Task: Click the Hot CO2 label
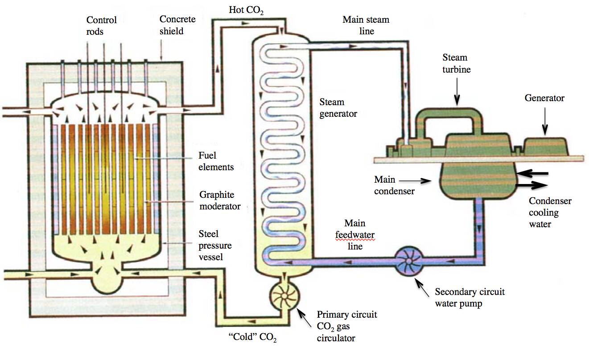(246, 10)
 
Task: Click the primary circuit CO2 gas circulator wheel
(285, 296)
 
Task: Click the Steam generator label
(338, 108)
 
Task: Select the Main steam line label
(366, 25)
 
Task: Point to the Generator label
(544, 98)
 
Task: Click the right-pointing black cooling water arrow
(531, 184)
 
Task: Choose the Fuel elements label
(216, 161)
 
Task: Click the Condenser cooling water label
(550, 213)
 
